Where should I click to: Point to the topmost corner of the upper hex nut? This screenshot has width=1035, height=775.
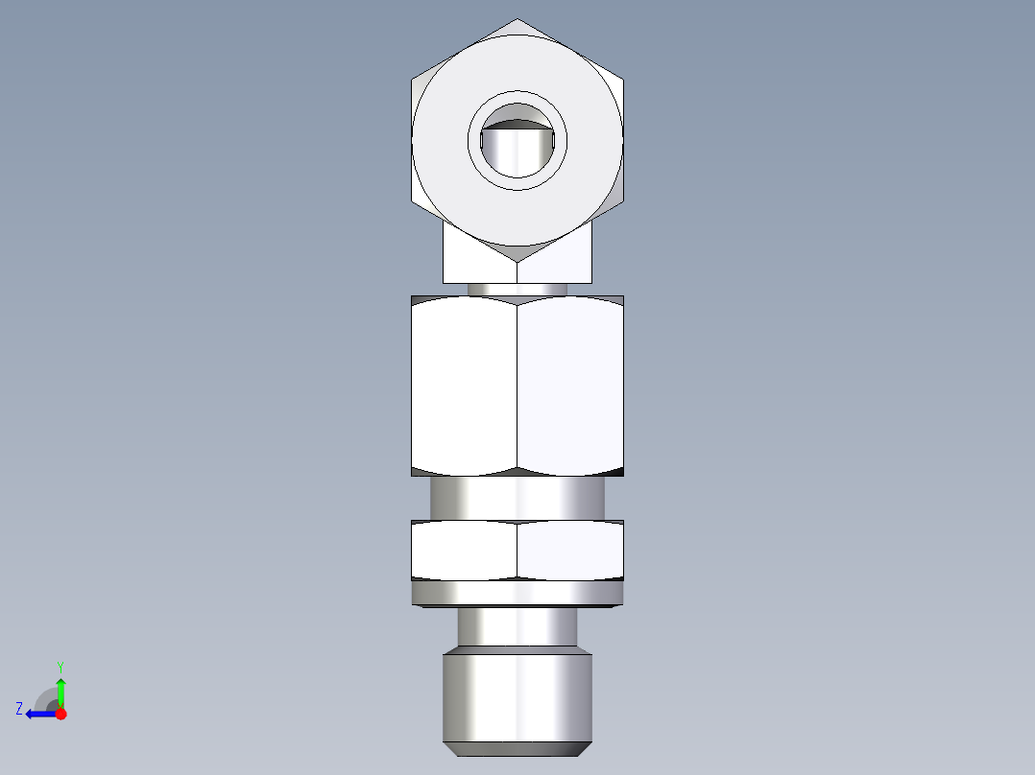517,19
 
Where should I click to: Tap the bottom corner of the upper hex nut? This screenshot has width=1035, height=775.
517,261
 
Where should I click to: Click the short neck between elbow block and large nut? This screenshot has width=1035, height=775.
517,289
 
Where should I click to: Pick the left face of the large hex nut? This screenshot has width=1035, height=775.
465,384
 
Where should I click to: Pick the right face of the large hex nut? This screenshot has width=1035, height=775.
570,384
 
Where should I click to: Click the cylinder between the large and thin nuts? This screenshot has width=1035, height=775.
517,498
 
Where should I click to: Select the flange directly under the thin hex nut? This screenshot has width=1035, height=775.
517,594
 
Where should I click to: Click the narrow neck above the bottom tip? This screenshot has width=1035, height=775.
517,628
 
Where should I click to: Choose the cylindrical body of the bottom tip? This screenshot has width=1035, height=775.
517,695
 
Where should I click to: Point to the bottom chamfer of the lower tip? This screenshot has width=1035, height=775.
517,747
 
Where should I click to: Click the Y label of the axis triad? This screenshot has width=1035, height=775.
60,666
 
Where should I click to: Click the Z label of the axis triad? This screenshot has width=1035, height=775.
19,708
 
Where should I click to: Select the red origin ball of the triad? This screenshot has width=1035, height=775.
60,714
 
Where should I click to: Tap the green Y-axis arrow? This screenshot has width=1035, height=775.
60,691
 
